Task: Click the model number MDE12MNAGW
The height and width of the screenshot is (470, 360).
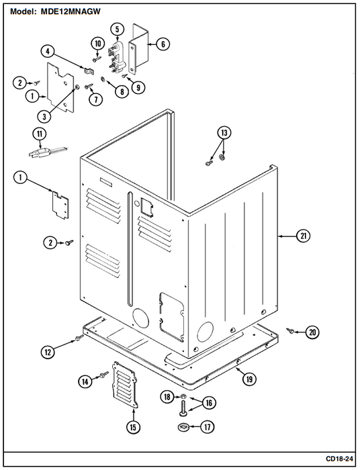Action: [71, 11]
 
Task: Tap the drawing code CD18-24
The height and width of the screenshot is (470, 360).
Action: [339, 459]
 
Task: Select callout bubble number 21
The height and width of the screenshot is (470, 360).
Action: [303, 236]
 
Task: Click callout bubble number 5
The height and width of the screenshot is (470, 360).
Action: [117, 30]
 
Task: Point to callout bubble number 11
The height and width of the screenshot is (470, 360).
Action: [40, 134]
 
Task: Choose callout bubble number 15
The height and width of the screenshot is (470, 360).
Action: [134, 427]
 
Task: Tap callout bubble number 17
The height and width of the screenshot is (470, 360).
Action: [207, 426]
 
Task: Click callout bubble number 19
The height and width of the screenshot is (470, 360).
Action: [249, 379]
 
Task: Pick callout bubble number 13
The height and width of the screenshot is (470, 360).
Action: [224, 133]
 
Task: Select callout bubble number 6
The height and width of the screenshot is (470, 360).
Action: [163, 44]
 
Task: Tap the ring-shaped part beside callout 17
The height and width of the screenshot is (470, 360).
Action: [182, 426]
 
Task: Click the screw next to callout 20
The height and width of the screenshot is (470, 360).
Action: [290, 330]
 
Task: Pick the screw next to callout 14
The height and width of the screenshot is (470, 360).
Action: [105, 374]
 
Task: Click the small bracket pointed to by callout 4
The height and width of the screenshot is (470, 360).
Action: [89, 70]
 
